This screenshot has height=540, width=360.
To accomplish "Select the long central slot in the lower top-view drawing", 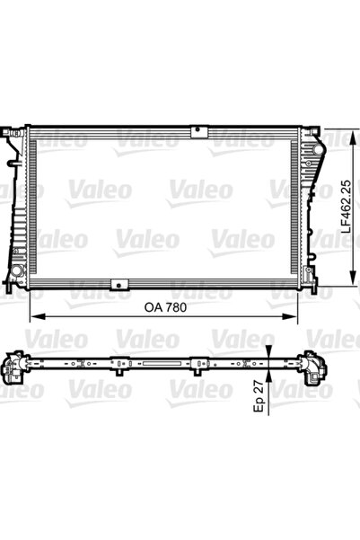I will pyautogui.click(x=157, y=365).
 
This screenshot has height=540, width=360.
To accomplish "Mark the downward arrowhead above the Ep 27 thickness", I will pyautogui.click(x=268, y=355).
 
